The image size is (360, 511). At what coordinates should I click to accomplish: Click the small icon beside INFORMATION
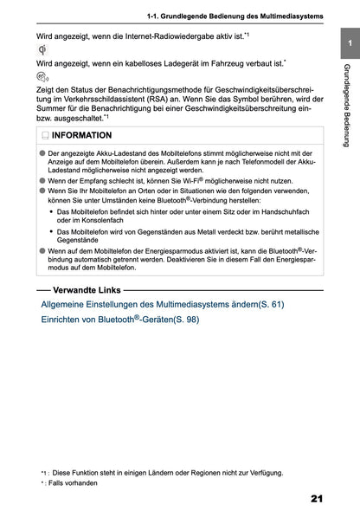pyautogui.click(x=44, y=136)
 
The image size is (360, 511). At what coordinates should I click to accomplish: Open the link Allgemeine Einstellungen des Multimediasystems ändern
pyautogui.click(x=162, y=305)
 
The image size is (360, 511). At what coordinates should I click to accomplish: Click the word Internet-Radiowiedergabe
pyautogui.click(x=168, y=36)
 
